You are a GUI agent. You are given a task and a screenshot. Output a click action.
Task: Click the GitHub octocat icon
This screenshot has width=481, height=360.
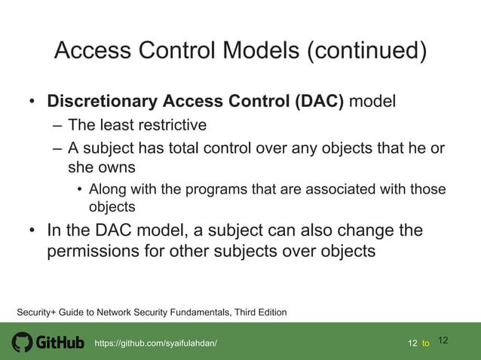coord(23,343)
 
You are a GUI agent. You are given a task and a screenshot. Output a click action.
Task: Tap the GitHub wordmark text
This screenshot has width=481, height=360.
coord(60,343)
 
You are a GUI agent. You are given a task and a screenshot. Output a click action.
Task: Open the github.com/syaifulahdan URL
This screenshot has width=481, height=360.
coord(155,343)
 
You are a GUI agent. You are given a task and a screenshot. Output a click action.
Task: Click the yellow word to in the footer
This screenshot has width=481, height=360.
coord(426,343)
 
